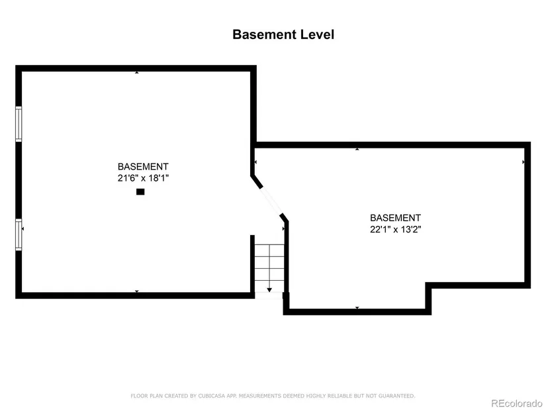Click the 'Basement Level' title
click(283, 34)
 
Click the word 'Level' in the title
click(317, 34)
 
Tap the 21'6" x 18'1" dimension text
click(143, 178)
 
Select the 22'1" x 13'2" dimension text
click(396, 229)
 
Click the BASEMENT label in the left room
click(143, 167)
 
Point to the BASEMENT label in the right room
click(396, 218)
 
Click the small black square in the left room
click(140, 191)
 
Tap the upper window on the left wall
click(19, 124)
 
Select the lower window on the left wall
click(19, 234)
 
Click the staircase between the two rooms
click(269, 268)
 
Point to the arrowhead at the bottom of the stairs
click(269, 289)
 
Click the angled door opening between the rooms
click(271, 201)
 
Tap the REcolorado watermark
click(516, 403)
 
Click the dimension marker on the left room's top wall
click(137, 72)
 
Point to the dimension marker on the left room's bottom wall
click(137, 291)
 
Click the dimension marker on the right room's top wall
click(357, 149)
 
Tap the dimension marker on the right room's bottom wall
click(357, 307)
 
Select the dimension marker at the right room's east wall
click(523, 162)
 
